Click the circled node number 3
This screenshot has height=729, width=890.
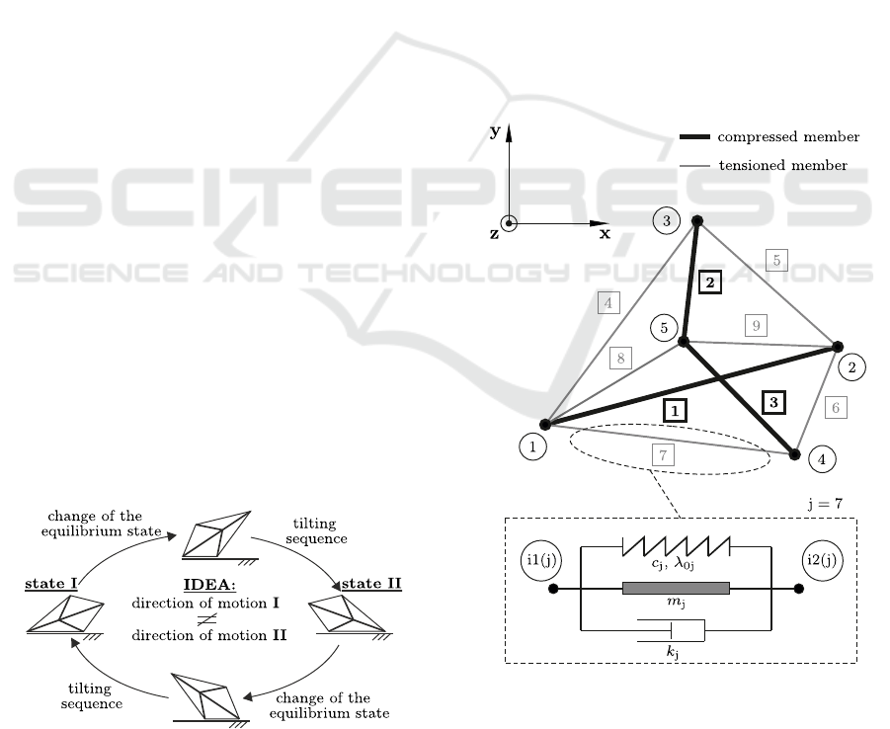tap(667, 222)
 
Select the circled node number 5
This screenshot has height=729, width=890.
tap(663, 328)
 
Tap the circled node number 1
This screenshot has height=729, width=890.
tap(531, 447)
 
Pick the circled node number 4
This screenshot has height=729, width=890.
tap(821, 459)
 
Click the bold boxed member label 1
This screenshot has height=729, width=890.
tap(675, 408)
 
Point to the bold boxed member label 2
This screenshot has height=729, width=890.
tap(709, 283)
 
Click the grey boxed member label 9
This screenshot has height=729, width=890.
tap(757, 324)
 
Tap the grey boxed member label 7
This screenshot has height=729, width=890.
tap(664, 454)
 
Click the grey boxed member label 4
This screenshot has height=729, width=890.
tap(608, 303)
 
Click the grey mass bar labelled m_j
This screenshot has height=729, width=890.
tap(676, 589)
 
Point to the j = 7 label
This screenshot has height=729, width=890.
tap(823, 503)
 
